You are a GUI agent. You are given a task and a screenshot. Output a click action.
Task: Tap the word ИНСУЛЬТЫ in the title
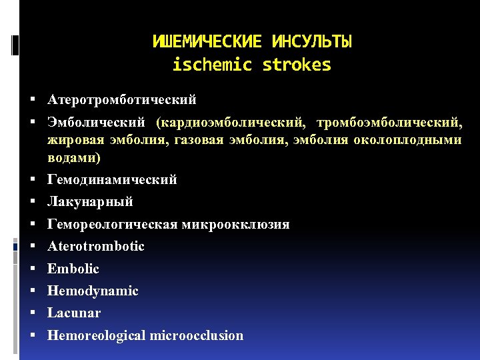312,42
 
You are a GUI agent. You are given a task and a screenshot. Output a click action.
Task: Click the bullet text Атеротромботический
122,100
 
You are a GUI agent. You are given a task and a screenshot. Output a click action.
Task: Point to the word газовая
203,140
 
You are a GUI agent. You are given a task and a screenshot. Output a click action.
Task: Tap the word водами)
74,158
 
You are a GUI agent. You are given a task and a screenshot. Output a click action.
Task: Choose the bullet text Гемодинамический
112,180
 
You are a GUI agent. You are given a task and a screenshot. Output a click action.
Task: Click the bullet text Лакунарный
90,202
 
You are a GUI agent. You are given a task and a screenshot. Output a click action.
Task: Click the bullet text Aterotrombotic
96,247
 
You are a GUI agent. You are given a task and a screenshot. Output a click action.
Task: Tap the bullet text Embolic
73,269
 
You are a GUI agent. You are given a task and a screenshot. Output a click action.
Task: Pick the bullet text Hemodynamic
93,291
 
